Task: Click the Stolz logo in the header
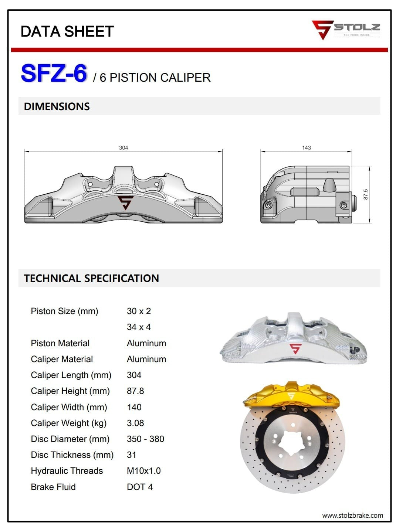point(345,30)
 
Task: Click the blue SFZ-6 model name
point(54,73)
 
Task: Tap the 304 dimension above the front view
point(123,147)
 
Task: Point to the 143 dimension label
point(306,147)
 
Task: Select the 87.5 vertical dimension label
point(366,194)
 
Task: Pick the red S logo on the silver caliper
point(295,348)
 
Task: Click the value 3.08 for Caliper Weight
point(135,423)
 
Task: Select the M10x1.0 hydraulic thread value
point(144,471)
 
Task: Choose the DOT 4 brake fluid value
point(140,487)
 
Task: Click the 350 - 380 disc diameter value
point(145,439)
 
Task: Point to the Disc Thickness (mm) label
point(72,455)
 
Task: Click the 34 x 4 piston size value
point(139,327)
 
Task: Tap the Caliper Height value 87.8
point(135,391)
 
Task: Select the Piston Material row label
point(60,343)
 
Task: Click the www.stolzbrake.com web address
point(352,515)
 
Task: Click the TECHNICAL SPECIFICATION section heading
point(91,278)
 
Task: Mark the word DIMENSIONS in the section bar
point(57,106)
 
